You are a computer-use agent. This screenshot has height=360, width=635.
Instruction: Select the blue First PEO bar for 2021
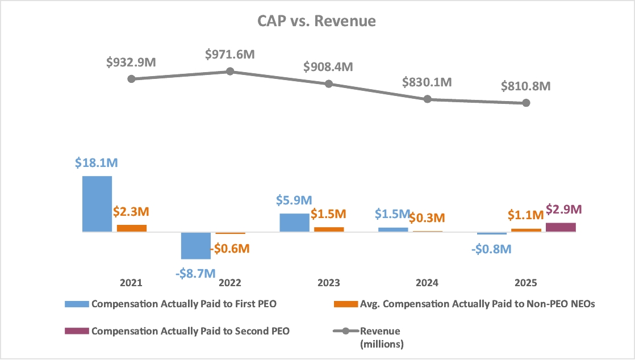point(97,204)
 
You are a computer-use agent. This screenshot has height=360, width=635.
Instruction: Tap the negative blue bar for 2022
point(196,245)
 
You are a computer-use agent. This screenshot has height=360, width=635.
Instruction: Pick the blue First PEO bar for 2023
point(295,223)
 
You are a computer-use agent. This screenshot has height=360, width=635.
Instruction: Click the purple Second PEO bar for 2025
point(561,227)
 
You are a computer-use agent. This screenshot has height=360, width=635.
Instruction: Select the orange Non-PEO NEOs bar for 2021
point(132,228)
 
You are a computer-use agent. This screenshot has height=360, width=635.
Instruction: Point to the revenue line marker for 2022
point(230,72)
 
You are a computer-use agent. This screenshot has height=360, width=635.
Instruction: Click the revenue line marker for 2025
point(526,103)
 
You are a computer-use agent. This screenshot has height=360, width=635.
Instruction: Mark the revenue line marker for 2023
point(329,84)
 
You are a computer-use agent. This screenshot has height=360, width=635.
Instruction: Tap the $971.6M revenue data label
point(229,55)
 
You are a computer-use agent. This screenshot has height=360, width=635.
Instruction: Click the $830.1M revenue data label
point(427,82)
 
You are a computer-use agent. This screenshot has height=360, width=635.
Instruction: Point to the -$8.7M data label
point(196,273)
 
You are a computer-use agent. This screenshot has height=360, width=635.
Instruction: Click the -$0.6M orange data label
point(229,249)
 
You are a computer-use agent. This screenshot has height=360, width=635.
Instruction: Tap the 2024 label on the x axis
point(427,283)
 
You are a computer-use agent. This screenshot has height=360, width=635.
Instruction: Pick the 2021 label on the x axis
point(131,283)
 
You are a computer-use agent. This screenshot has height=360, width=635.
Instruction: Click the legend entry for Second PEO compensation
point(190,331)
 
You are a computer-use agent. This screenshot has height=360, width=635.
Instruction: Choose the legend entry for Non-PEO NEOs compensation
point(477,304)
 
